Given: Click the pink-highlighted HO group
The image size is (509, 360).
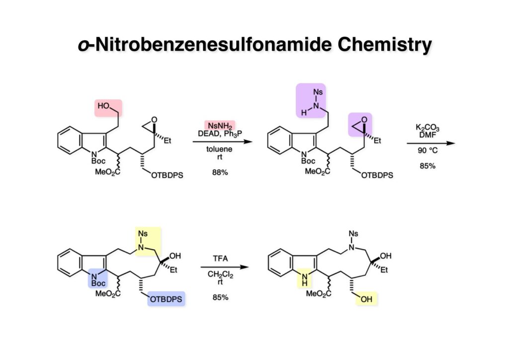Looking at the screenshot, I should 108,106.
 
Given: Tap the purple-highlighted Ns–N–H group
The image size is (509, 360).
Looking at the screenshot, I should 311,100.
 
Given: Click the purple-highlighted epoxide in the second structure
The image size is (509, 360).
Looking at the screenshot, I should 360,124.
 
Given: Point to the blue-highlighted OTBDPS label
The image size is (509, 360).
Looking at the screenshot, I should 166,299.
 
